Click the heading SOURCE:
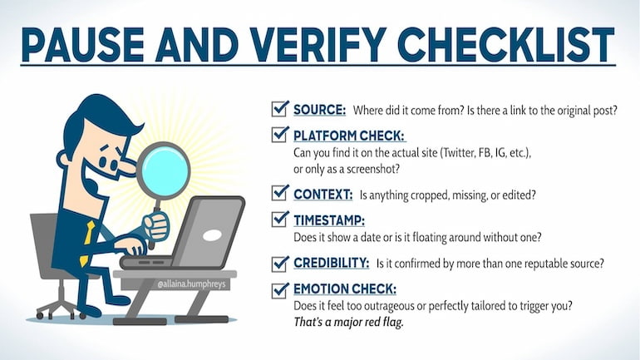[319, 110]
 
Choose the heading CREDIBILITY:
[331, 264]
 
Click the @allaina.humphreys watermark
[192, 283]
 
